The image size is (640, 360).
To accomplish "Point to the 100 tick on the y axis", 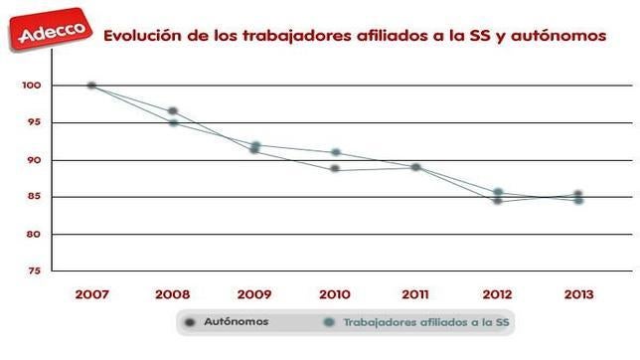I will (31, 86).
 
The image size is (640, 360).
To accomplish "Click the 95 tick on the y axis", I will (33, 122).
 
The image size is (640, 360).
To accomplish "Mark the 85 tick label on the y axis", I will (33, 197).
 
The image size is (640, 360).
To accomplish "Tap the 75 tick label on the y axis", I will (33, 270).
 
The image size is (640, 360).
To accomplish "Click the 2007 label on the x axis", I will (91, 294).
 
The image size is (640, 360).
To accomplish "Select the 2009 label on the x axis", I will (254, 294).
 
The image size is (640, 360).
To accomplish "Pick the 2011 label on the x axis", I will (416, 294).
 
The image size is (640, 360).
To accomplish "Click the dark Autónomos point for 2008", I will (173, 110).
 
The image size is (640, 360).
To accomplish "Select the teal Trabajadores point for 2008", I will (173, 122).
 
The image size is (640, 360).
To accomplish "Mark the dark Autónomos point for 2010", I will (335, 169).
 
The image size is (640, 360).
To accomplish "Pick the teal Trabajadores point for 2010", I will (336, 152).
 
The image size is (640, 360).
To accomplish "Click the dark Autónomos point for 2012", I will (497, 201).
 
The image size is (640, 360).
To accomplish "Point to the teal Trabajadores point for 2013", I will (578, 200).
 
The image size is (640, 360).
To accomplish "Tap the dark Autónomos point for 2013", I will (578, 194).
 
